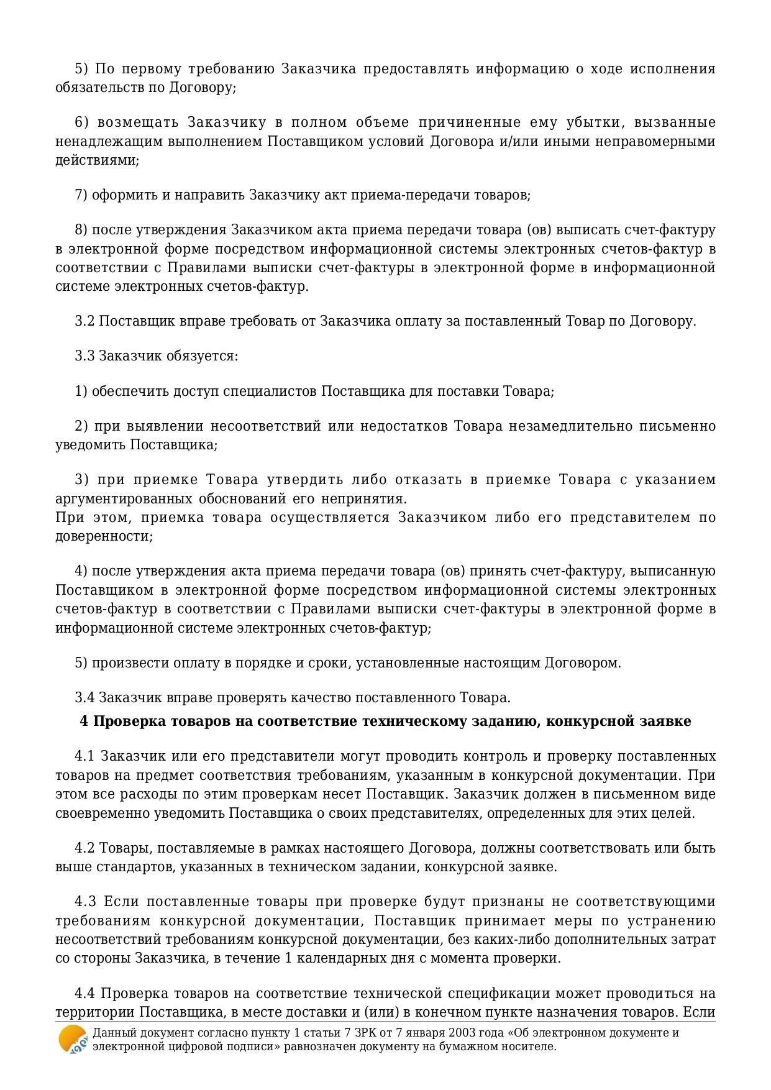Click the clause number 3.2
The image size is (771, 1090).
click(x=84, y=321)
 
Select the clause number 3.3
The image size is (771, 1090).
click(x=84, y=356)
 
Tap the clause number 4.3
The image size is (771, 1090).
click(x=85, y=901)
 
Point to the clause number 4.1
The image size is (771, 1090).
click(x=84, y=756)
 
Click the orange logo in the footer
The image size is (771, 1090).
click(x=72, y=1039)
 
